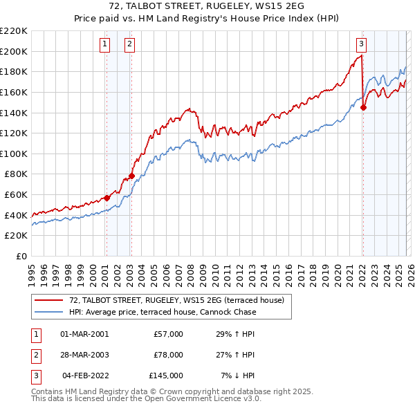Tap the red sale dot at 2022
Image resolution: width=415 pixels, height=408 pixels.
tap(363, 107)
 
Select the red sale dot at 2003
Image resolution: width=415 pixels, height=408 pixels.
tap(131, 176)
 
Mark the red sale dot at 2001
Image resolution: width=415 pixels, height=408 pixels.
tap(107, 198)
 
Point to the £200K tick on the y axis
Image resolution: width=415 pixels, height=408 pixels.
tap(14, 51)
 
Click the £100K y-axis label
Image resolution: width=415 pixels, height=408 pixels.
tap(14, 154)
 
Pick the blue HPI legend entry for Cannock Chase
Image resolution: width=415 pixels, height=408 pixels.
tap(163, 312)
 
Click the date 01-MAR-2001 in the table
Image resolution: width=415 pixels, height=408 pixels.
tap(84, 335)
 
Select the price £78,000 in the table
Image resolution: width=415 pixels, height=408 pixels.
tap(168, 355)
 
